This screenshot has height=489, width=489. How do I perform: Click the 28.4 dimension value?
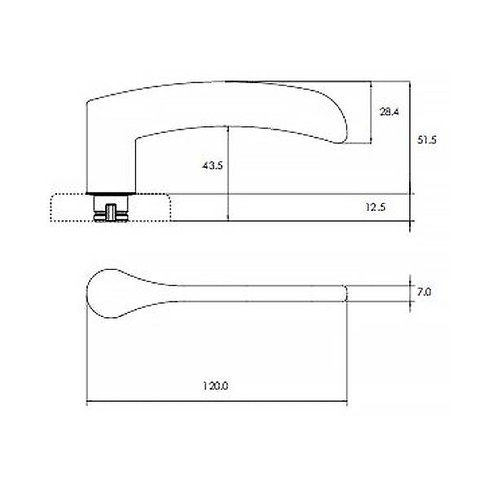[x=389, y=112]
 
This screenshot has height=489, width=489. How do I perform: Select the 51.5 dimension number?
[x=428, y=140]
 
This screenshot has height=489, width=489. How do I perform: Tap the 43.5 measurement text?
[x=212, y=165]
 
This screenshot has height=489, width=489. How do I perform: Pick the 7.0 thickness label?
[x=424, y=291]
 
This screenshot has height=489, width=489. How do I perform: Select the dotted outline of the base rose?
[x=53, y=208]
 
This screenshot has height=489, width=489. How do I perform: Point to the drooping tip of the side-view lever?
[x=342, y=139]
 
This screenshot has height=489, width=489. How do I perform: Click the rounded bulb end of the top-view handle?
[x=102, y=292]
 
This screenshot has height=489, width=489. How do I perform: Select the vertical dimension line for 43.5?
[x=229, y=175]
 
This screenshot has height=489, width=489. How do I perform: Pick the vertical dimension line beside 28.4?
[x=372, y=113]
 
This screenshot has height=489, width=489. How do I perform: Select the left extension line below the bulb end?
[x=86, y=359]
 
